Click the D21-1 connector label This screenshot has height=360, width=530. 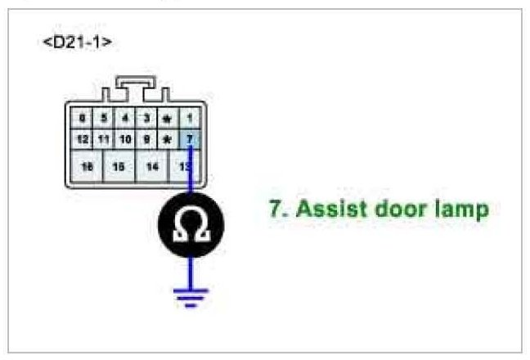pyautogui.click(x=78, y=42)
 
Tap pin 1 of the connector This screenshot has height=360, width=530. pyautogui.click(x=189, y=118)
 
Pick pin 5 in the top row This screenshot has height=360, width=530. pyautogui.click(x=104, y=118)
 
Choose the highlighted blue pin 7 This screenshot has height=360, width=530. pyautogui.click(x=189, y=139)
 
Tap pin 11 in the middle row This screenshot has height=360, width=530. pyautogui.click(x=104, y=139)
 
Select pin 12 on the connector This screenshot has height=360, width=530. pyautogui.click(x=83, y=139)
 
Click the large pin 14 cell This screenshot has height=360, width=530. pyautogui.click(x=152, y=166)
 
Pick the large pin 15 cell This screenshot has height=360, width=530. pyautogui.click(x=119, y=166)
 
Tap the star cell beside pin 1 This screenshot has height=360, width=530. pyautogui.click(x=168, y=118)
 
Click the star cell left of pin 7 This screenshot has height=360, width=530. pyautogui.click(x=168, y=139)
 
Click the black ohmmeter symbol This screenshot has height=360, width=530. pyautogui.click(x=190, y=223)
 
